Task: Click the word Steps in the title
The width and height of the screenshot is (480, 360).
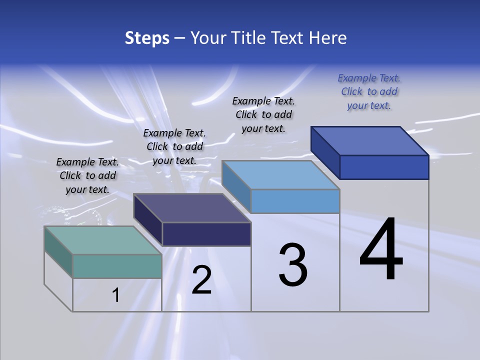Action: click(147, 38)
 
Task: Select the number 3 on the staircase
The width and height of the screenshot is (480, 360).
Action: click(293, 265)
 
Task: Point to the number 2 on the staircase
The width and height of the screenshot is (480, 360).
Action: click(201, 280)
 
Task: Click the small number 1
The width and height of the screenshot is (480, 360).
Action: click(116, 295)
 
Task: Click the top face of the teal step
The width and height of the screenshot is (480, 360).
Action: click(103, 240)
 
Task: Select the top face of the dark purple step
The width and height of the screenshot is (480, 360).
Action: click(192, 207)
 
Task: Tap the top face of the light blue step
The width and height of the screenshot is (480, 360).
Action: click(281, 174)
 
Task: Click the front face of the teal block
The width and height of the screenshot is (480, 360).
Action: click(117, 266)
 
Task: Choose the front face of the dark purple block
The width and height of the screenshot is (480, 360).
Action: click(206, 234)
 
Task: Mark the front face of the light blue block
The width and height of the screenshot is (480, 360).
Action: click(295, 201)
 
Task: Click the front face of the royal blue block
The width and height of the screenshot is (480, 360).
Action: click(384, 167)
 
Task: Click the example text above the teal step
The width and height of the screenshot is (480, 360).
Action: click(87, 176)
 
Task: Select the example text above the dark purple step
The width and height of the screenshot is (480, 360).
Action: click(174, 147)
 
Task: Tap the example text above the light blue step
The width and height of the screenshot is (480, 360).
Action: click(263, 114)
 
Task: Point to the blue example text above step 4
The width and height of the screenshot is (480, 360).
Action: click(369, 91)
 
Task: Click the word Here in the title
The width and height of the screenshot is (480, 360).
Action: click(328, 38)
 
